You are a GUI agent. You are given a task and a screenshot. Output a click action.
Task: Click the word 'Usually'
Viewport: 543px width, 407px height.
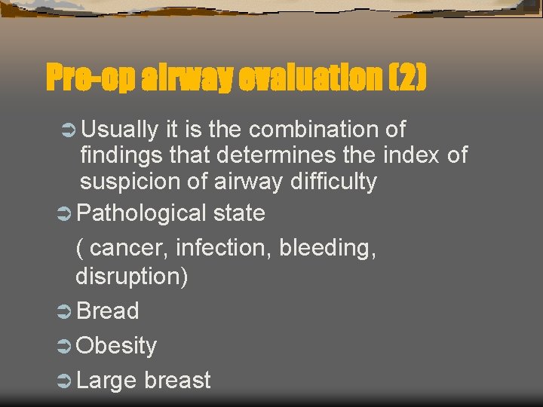[x=120, y=130]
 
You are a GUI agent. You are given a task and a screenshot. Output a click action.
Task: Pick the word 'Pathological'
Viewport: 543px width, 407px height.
[x=141, y=213]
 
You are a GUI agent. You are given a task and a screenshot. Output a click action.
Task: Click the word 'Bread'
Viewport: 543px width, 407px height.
[x=108, y=311]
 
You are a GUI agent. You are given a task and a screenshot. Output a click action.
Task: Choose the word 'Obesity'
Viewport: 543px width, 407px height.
[x=117, y=346]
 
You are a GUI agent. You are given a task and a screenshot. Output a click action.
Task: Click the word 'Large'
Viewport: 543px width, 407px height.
[x=106, y=381]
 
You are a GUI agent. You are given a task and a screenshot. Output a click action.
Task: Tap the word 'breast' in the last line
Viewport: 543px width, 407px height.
[x=177, y=381]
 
